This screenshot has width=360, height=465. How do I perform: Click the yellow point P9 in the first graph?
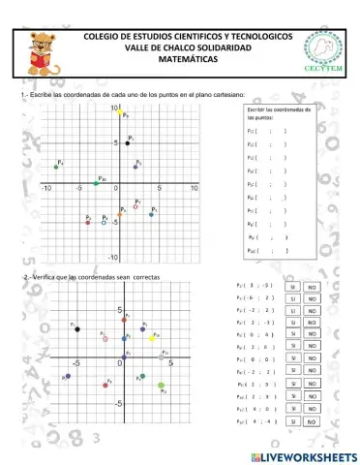point(120,111)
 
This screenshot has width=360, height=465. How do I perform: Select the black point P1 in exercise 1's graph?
point(127,142)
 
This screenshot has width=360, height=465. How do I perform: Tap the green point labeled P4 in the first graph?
point(56,167)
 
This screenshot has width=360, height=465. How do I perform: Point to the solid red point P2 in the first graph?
point(88,222)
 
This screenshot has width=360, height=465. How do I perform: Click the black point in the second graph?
point(77,329)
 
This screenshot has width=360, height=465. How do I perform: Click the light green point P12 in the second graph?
point(162,387)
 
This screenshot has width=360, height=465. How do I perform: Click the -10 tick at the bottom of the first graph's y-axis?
point(113,258)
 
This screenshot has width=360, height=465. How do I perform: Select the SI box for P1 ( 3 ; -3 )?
point(291,288)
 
